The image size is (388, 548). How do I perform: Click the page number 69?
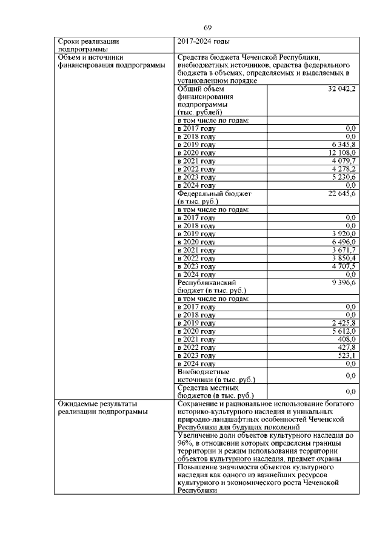[207, 28]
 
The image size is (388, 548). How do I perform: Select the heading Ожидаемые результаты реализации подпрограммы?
[97, 407]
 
